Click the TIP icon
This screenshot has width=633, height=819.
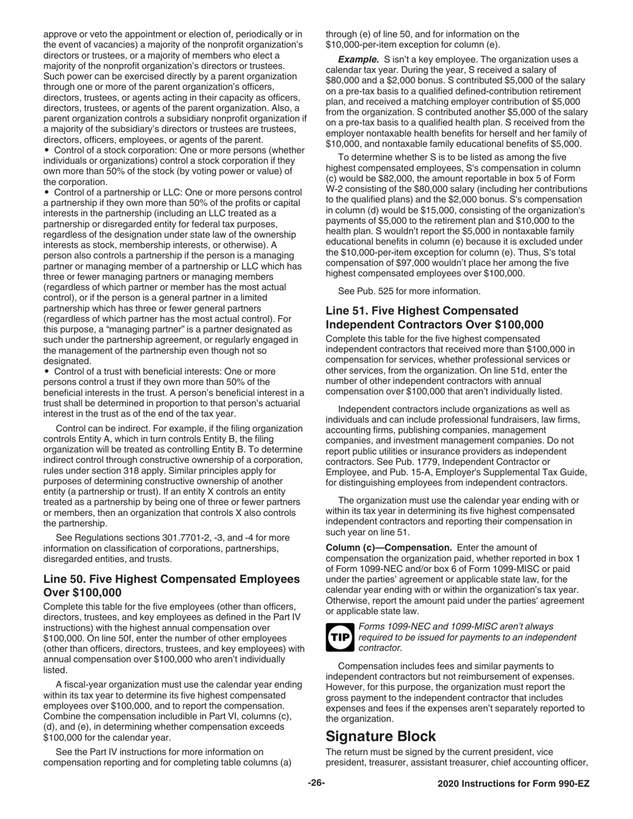pos(339,638)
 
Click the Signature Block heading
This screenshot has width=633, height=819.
pos(380,736)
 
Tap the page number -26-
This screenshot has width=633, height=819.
pos(316,784)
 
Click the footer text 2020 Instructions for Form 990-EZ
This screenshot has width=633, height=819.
pos(513,784)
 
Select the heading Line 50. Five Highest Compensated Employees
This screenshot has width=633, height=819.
pos(171,579)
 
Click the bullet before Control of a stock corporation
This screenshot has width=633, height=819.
pos(46,150)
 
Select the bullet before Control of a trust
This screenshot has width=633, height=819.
pos(46,371)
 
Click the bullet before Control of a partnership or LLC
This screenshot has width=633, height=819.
pos(46,192)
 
